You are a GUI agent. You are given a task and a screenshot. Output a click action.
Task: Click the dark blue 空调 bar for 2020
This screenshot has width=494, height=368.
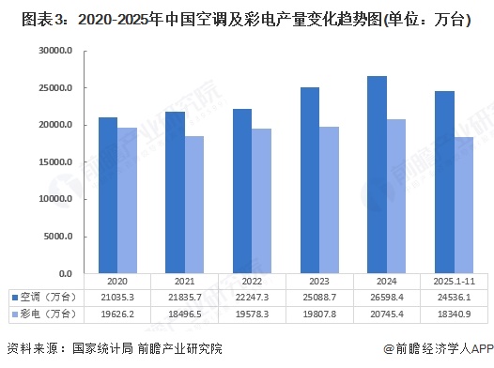coord(108,195)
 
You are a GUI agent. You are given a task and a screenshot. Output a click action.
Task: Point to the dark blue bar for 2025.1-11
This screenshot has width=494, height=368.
coord(443,182)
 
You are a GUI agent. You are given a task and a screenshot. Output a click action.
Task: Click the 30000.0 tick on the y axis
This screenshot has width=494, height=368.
coord(56,52)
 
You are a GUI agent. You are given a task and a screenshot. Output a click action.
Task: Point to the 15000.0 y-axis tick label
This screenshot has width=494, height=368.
coord(56,162)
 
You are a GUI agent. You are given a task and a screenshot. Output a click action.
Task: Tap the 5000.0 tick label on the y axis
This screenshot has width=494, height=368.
coord(58,237)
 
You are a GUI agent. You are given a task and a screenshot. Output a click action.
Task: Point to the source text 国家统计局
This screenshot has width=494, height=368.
coord(110,349)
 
